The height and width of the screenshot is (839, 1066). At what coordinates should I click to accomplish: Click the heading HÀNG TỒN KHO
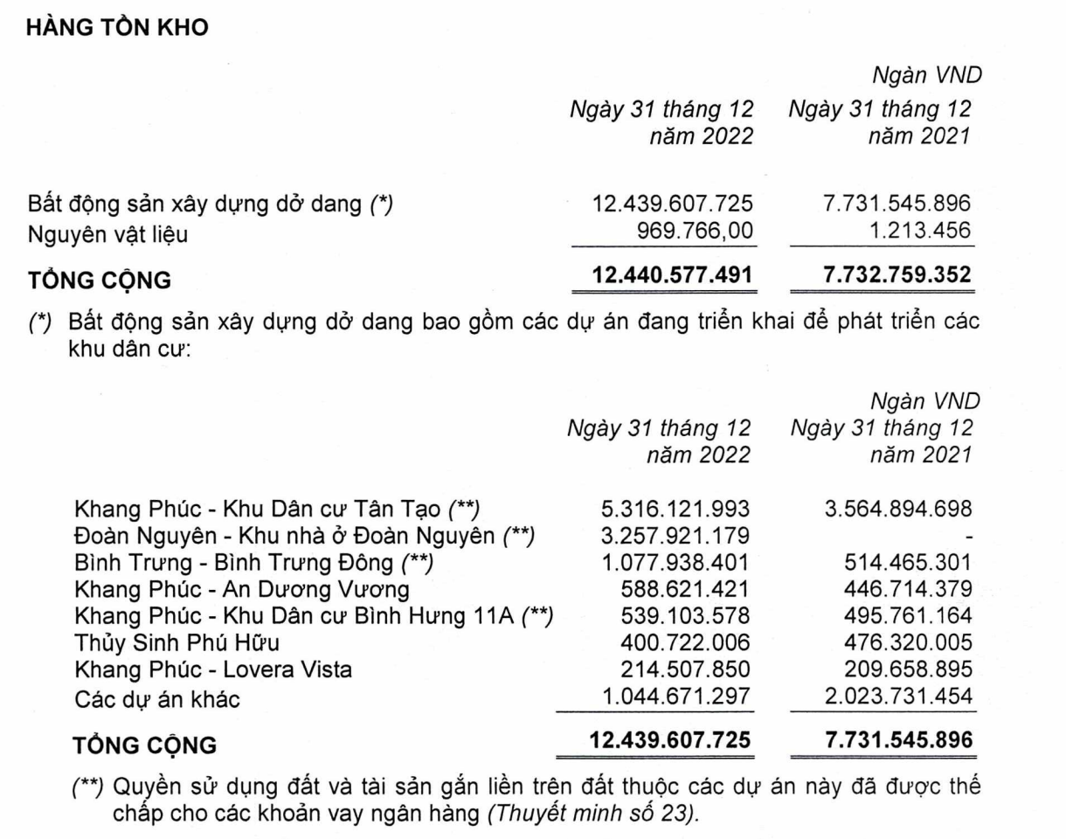click(118, 27)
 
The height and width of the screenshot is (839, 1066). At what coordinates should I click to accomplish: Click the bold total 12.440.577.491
click(672, 274)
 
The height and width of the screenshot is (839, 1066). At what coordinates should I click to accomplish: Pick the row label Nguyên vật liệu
click(108, 234)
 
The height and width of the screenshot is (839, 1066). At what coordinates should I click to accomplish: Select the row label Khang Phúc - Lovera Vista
click(213, 670)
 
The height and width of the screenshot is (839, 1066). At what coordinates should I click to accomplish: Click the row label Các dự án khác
click(157, 698)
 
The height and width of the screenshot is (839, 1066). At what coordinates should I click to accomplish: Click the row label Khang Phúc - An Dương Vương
click(242, 590)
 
